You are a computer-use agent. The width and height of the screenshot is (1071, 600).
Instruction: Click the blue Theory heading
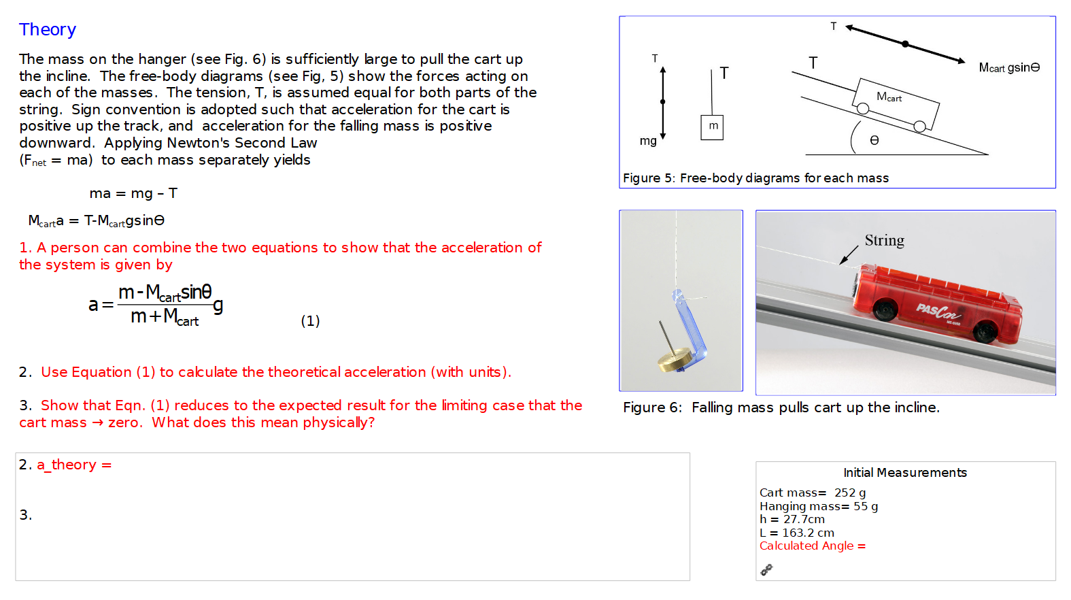click(48, 30)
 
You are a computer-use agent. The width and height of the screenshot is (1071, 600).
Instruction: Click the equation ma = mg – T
click(133, 194)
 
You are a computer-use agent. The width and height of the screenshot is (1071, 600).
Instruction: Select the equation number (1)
click(310, 321)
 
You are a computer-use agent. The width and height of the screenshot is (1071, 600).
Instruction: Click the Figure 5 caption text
click(755, 178)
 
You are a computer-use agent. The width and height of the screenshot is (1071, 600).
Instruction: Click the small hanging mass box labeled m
click(712, 127)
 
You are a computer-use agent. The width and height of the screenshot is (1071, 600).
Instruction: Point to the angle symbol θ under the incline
click(874, 140)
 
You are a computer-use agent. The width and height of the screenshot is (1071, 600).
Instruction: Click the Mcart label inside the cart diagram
click(889, 97)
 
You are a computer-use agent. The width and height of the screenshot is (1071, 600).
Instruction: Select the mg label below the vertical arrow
click(648, 141)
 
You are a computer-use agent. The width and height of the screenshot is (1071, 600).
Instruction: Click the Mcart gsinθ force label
click(1009, 67)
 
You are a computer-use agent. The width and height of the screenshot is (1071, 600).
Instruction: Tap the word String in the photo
click(884, 241)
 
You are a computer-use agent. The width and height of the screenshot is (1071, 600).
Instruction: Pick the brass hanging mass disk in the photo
click(675, 361)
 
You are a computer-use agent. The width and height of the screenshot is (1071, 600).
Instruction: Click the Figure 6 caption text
click(781, 407)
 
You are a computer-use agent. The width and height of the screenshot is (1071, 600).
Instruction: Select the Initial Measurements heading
click(904, 473)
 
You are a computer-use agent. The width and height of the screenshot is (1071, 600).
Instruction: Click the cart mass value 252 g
click(850, 493)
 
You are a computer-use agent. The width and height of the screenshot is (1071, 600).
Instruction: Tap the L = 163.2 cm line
click(797, 533)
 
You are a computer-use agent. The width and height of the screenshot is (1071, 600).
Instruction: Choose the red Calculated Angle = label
click(812, 546)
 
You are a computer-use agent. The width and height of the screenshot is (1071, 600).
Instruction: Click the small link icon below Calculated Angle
click(766, 570)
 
